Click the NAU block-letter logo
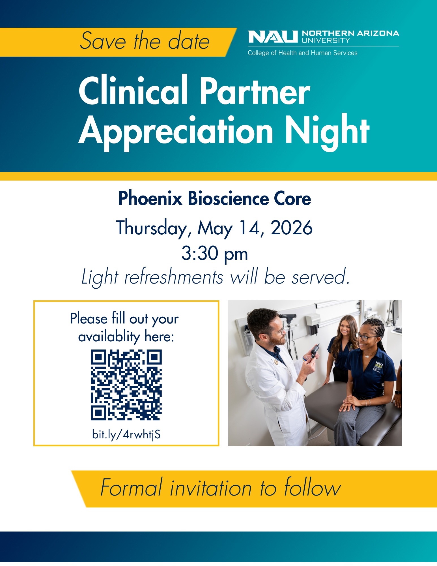coord(273,37)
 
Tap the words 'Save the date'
coord(145,41)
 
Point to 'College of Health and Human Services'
coord(302,53)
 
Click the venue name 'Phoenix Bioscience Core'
coord(215,198)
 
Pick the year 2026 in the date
coord(291,228)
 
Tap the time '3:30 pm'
coord(215,253)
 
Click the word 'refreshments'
coord(174,277)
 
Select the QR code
coord(126,385)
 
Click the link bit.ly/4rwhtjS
coord(126,434)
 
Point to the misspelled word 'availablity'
coord(109,337)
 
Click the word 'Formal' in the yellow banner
coord(132,488)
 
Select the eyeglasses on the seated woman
coord(365,337)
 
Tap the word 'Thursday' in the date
coord(152,228)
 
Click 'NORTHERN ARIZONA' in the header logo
coord(350,33)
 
